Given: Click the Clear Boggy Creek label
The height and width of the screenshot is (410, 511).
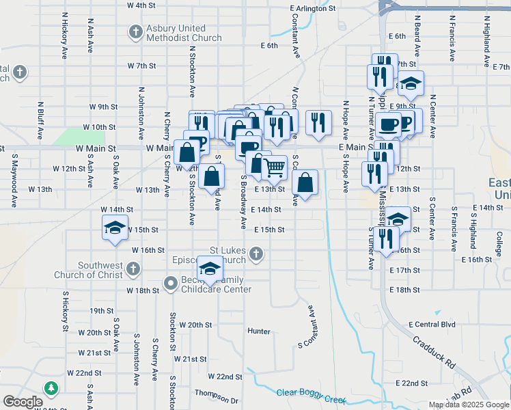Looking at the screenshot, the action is tap(311, 392).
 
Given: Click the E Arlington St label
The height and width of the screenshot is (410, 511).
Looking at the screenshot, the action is tap(312, 9).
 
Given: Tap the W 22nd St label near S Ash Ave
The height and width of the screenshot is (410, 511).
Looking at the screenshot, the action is tap(84, 373).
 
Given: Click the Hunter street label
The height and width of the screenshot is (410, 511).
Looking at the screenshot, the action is tap(259, 331).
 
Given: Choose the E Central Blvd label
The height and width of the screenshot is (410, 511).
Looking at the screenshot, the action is tap(432, 324).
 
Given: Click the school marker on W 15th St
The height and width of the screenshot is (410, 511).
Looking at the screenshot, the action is tap(115, 228).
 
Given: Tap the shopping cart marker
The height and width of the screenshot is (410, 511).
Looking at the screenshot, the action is tap(275, 166).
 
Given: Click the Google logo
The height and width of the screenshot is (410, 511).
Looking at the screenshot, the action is tap(23, 402).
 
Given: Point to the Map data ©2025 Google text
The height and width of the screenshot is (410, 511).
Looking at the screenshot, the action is tap(468, 405).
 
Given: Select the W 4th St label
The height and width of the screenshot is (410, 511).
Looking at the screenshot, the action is tap(141, 5).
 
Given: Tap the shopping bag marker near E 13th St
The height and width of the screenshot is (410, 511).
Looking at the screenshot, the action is tap(305, 182).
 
